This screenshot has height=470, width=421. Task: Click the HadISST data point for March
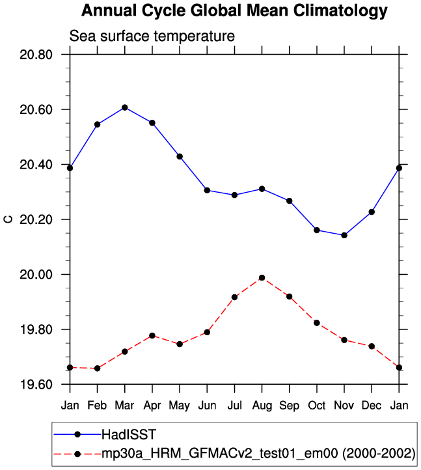125,107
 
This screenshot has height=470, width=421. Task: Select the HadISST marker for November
344,235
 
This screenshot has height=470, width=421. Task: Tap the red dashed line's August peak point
262,278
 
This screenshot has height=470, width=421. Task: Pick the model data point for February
97,368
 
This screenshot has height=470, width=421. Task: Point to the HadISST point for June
207,190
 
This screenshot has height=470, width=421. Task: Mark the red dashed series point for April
152,336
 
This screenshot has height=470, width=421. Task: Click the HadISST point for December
372,212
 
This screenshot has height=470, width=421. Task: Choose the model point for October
317,323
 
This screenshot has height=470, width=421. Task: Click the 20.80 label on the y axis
36,55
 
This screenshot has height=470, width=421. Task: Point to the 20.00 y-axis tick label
36,275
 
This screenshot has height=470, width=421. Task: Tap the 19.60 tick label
36,384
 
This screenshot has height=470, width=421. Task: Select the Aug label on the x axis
262,406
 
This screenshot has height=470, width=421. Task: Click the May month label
179,406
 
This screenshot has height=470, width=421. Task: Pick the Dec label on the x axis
372,406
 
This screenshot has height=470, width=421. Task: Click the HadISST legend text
129,434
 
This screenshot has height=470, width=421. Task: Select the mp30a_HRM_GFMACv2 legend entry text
258,454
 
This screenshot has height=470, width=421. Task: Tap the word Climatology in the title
340,11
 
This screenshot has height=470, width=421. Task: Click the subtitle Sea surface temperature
152,36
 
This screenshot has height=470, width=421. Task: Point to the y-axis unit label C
8,219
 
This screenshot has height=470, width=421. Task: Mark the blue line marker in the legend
77,434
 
